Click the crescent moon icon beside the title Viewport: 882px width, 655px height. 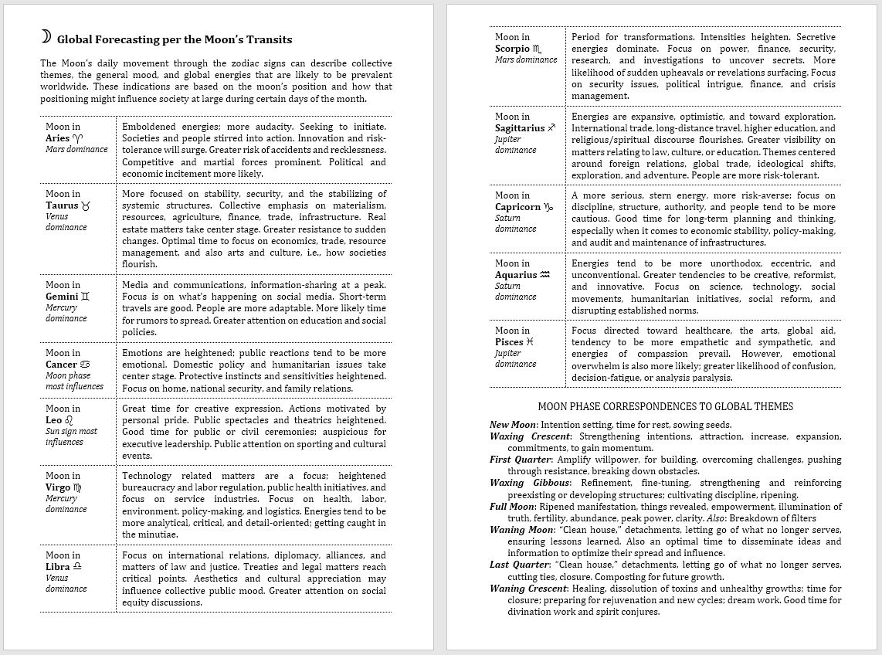46,37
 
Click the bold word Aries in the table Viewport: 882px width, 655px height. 58,138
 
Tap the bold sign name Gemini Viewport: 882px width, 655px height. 62,296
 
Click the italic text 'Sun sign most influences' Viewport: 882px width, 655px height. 71,436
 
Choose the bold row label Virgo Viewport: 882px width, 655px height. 58,487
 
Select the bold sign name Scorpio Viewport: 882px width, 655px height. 512,49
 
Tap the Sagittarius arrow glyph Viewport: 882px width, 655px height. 551,128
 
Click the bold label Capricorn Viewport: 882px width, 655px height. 517,207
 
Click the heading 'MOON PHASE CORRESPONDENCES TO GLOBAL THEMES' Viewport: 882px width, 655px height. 665,406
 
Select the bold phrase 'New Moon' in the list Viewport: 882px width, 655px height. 513,424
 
